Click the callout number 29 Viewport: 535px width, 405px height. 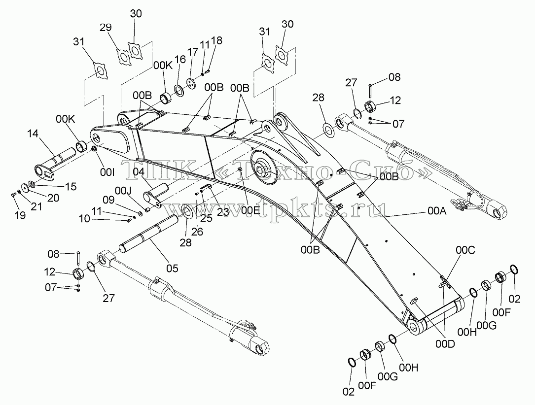pyautogui.click(x=106, y=27)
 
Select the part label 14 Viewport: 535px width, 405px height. pyautogui.click(x=33, y=134)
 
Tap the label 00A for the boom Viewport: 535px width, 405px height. pyautogui.click(x=437, y=211)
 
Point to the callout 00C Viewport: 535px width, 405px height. pyautogui.click(x=465, y=250)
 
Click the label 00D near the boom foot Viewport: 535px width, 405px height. pyautogui.click(x=445, y=344)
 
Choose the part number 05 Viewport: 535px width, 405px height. pyautogui.click(x=172, y=269)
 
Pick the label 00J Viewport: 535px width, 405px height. pyautogui.click(x=123, y=191)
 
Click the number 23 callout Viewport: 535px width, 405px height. pyautogui.click(x=223, y=212)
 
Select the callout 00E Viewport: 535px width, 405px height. pyautogui.click(x=250, y=210)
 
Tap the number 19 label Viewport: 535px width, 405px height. pyautogui.click(x=20, y=215)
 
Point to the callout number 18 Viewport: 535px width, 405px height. pyautogui.click(x=216, y=40)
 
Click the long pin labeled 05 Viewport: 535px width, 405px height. pyautogui.click(x=148, y=234)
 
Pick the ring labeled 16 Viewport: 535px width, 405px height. pyautogui.click(x=179, y=89)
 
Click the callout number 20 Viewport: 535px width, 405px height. pyautogui.click(x=53, y=198)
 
